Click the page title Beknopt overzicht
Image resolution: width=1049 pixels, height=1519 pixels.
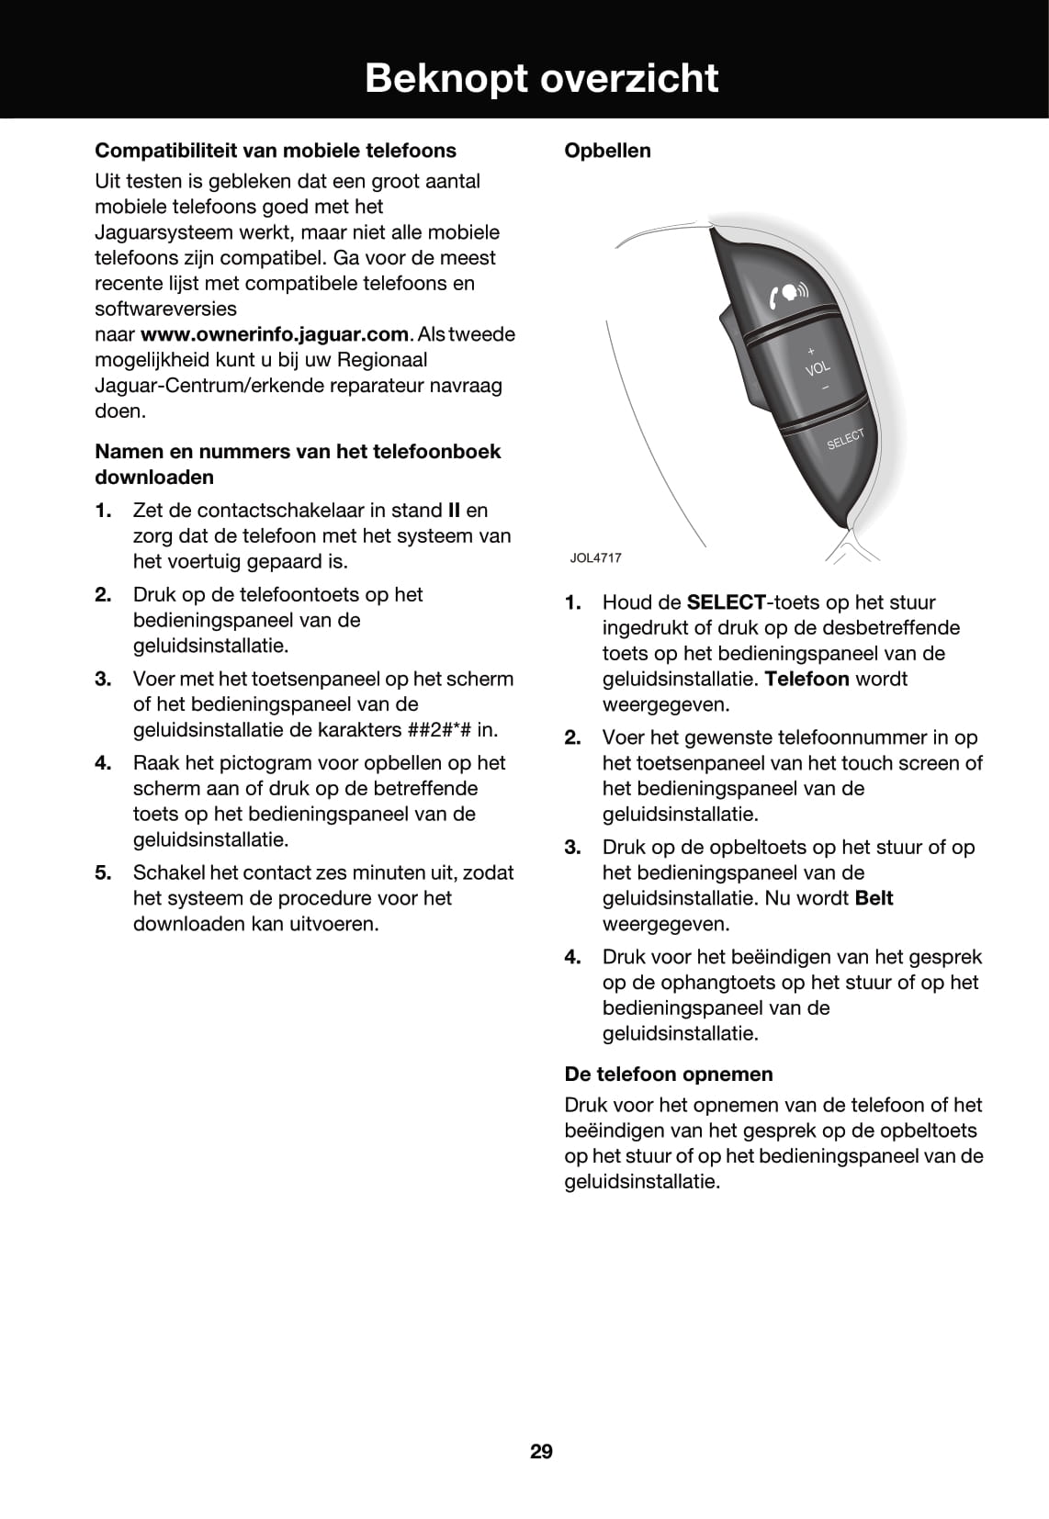pyautogui.click(x=541, y=78)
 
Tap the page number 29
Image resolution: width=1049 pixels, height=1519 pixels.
pyautogui.click(x=541, y=1451)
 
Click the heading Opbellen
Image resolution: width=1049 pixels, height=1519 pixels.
pyautogui.click(x=607, y=151)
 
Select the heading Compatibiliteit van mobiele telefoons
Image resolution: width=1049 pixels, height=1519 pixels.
pyautogui.click(x=276, y=151)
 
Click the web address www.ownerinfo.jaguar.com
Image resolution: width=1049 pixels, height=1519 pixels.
pyautogui.click(x=274, y=334)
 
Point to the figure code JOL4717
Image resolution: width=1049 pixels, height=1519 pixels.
pyautogui.click(x=595, y=557)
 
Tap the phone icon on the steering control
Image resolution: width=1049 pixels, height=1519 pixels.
pyautogui.click(x=788, y=294)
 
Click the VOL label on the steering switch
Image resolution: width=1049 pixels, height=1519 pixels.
pyautogui.click(x=818, y=369)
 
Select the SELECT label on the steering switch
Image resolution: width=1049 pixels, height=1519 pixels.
pyautogui.click(x=845, y=439)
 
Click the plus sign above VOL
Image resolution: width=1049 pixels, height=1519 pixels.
pyautogui.click(x=811, y=351)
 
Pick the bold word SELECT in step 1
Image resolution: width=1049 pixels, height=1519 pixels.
pyautogui.click(x=726, y=603)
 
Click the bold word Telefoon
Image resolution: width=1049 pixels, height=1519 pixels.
pyautogui.click(x=806, y=680)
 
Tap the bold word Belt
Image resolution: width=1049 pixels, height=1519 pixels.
pyautogui.click(x=874, y=898)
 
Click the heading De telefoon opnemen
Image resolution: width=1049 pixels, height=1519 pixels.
pyautogui.click(x=668, y=1074)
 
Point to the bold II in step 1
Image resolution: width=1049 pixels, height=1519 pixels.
pyautogui.click(x=453, y=511)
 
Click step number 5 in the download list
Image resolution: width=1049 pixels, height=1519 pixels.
pyautogui.click(x=103, y=872)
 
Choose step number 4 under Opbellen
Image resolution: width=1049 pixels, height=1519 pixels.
pyautogui.click(x=572, y=957)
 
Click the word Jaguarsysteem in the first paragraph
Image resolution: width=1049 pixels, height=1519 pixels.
pyautogui.click(x=168, y=232)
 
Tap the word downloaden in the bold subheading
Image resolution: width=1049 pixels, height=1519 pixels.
pyautogui.click(x=154, y=478)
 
